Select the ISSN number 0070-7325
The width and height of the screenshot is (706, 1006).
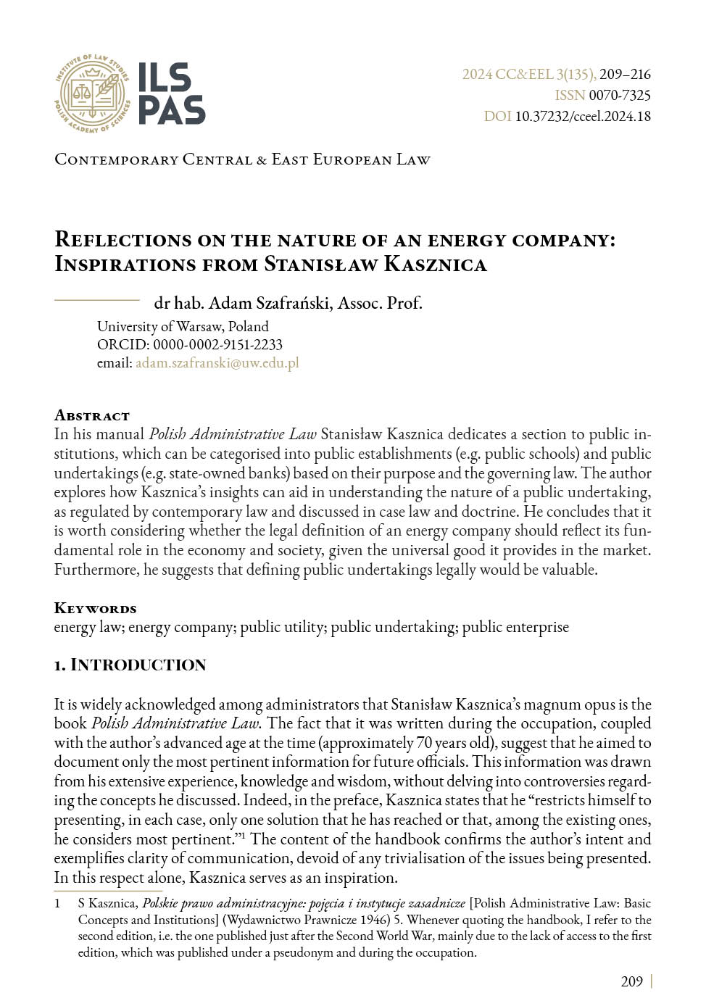(x=620, y=95)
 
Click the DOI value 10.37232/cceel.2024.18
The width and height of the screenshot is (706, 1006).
(x=583, y=116)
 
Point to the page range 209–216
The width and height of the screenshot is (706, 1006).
(x=625, y=74)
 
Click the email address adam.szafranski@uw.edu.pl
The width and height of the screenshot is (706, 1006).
(x=217, y=363)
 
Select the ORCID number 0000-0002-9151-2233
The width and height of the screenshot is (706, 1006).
(x=217, y=344)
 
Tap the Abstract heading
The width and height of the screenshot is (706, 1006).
(x=92, y=415)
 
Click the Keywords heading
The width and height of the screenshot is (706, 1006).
(x=95, y=608)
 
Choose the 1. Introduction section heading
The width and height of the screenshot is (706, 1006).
(x=130, y=665)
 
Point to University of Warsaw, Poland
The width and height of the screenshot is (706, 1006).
(x=183, y=326)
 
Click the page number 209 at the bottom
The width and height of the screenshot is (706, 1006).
(x=631, y=981)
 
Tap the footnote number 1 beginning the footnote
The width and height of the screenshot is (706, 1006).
(x=58, y=904)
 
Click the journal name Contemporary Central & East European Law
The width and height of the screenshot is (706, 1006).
(x=242, y=159)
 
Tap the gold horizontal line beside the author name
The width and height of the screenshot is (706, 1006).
(x=97, y=299)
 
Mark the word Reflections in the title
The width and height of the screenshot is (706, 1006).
(x=123, y=240)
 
